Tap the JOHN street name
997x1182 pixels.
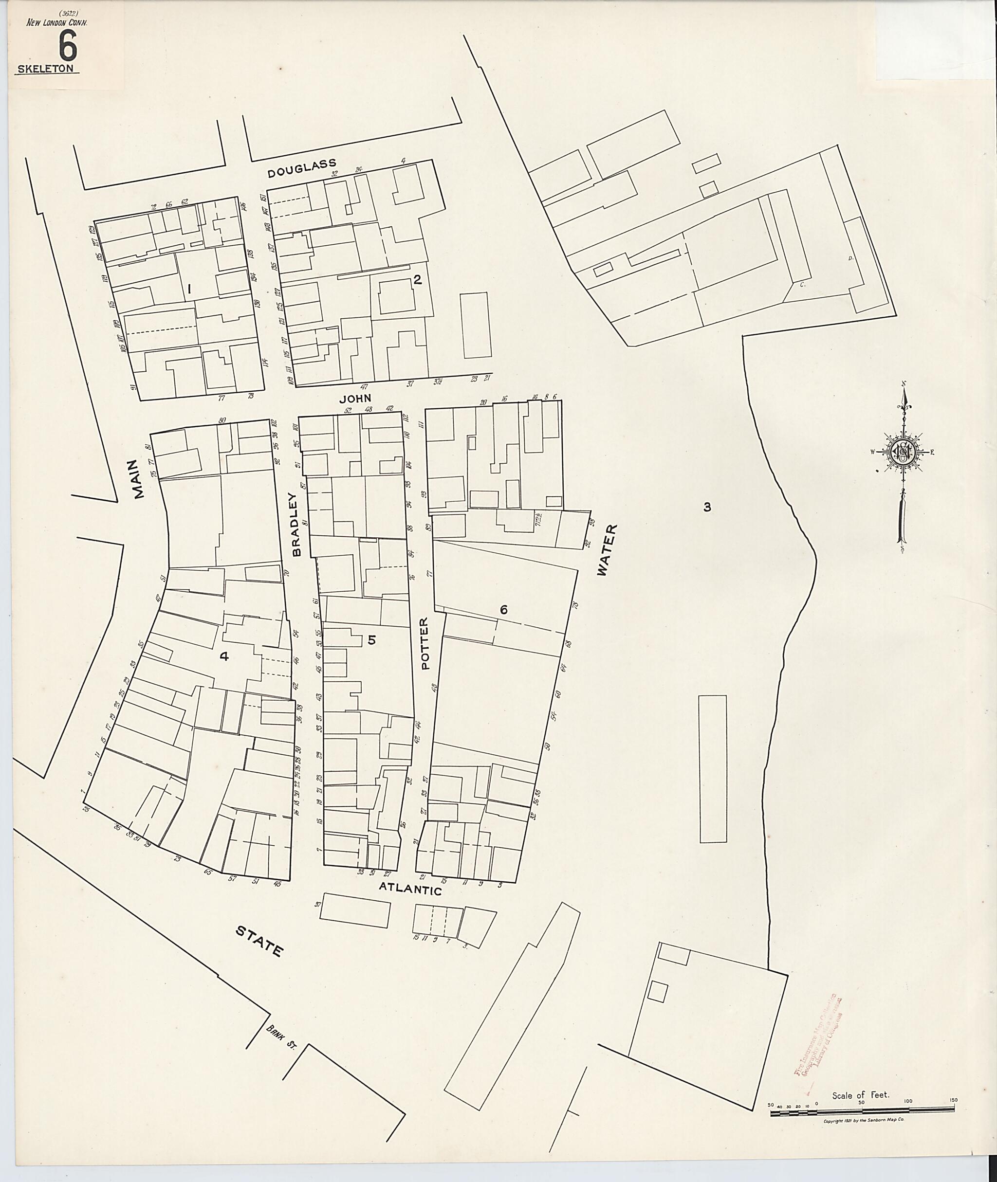tap(355, 399)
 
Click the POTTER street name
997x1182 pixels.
tap(425, 643)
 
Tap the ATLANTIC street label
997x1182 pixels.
tap(410, 888)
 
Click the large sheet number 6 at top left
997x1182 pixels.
tap(67, 46)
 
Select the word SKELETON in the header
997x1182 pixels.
tap(46, 69)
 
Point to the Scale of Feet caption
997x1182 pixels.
tap(860, 1095)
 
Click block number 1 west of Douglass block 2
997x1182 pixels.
tap(189, 289)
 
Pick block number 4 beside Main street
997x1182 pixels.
tap(224, 656)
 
